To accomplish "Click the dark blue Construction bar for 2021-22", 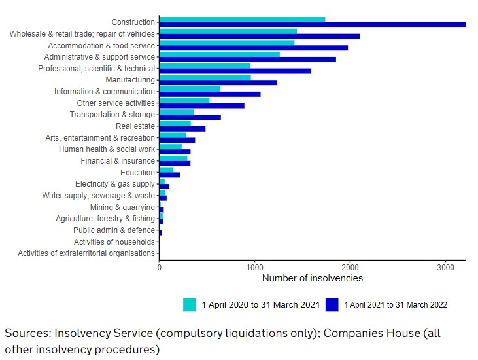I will (313, 25).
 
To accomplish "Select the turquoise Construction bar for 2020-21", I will (242, 20).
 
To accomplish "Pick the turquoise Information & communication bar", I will (190, 89).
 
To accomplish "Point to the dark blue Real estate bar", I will (182, 129).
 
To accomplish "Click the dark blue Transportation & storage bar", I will (190, 117).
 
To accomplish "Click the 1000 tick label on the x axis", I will (254, 267).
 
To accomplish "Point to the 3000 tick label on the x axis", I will (445, 267).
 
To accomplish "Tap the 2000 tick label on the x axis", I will (350, 267).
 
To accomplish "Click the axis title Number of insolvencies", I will (312, 278).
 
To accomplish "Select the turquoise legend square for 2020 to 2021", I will (190, 304).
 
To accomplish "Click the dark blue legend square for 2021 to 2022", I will (332, 304).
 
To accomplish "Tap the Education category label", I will (137, 173).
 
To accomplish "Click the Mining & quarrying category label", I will (122, 207).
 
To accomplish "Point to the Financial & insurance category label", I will (118, 161).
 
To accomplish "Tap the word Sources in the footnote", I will (27, 333).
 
